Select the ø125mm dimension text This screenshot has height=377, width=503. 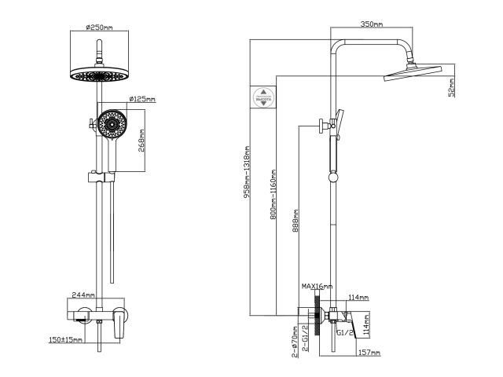click(x=141, y=100)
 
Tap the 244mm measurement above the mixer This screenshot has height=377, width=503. click(x=83, y=295)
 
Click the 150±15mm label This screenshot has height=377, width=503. click(x=64, y=339)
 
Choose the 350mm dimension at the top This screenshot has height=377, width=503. click(x=372, y=24)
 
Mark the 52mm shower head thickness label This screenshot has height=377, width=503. click(x=452, y=86)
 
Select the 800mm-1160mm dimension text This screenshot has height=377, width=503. click(x=273, y=194)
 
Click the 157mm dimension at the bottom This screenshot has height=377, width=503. click(x=369, y=354)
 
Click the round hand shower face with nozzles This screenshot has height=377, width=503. click(x=111, y=123)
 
